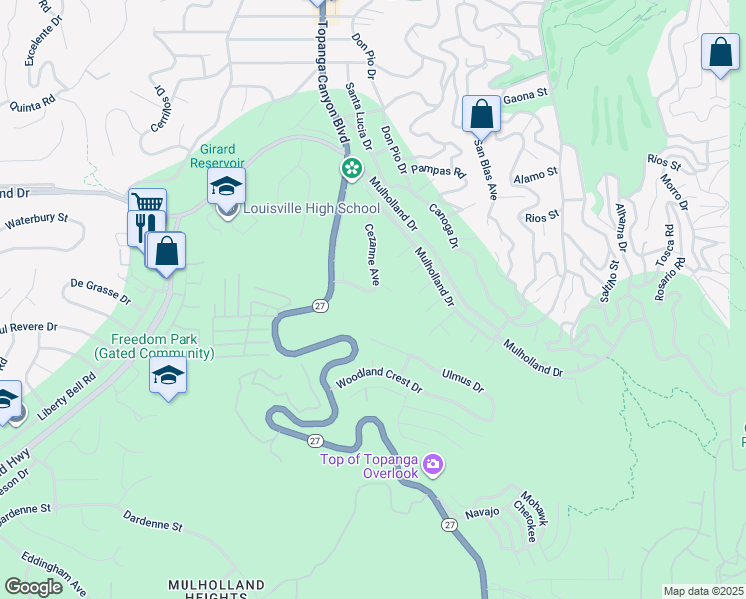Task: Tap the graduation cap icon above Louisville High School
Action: (226, 187)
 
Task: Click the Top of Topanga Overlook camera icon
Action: (433, 463)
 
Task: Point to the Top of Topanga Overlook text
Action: (369, 466)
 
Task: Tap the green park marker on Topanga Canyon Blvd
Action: (351, 168)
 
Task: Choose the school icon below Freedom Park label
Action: (168, 376)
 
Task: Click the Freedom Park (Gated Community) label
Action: (164, 346)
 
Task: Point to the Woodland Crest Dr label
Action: (379, 381)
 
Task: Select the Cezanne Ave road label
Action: (372, 255)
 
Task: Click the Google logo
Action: (33, 587)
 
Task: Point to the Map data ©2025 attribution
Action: (703, 591)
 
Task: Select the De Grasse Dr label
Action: (100, 291)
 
